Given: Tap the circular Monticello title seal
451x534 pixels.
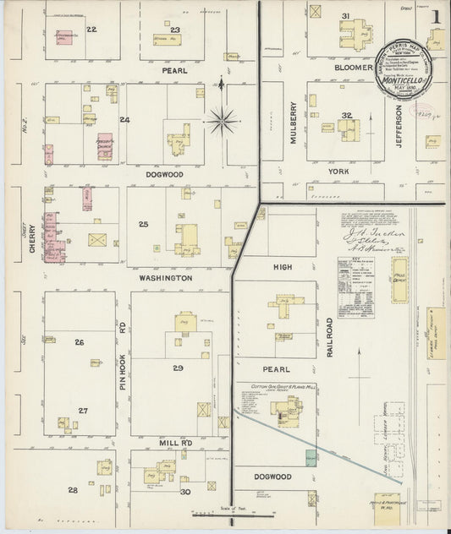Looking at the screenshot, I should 404,66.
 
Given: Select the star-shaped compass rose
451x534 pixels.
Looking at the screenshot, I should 223,121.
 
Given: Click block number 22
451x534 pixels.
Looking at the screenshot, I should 91,30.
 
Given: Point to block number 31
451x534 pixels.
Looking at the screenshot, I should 345,16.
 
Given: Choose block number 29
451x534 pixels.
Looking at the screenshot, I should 178,368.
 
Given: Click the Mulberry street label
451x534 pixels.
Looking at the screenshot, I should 294,123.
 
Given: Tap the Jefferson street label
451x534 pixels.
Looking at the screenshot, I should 400,123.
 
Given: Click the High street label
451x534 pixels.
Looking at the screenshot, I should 282,267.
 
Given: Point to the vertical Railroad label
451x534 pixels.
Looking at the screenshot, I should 330,337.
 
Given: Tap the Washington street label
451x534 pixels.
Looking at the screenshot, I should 167,277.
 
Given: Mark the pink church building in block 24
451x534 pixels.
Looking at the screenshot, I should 104,146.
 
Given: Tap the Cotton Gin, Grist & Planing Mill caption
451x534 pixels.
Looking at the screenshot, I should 276,387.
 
